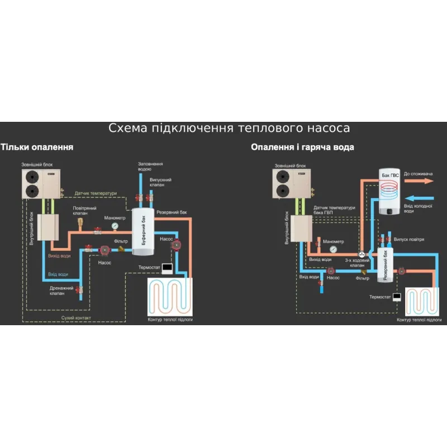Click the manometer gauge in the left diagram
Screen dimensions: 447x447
coord(115,226)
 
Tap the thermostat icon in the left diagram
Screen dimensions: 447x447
coord(167,267)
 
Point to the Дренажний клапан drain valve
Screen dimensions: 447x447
coord(80,290)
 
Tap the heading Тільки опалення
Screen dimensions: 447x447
coord(37,147)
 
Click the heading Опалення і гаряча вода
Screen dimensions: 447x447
coord(302,147)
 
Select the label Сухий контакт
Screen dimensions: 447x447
coord(76,318)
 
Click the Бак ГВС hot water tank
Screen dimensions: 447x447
coord(389,192)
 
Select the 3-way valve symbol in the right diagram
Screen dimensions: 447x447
coord(362,254)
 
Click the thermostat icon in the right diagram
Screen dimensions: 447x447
coord(397,297)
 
